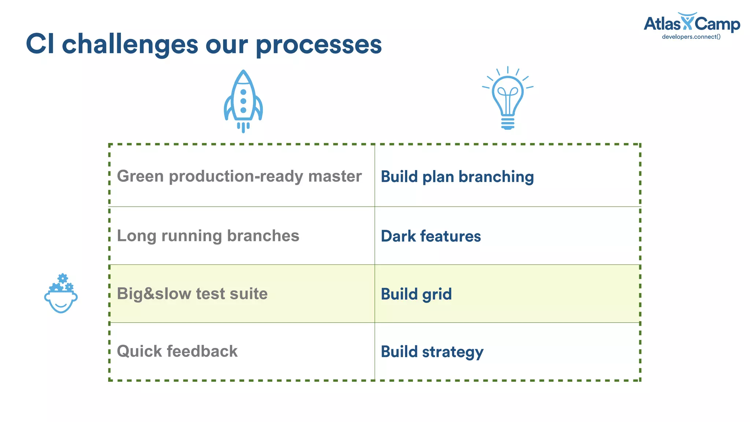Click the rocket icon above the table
click(x=243, y=101)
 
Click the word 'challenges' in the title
click(x=130, y=45)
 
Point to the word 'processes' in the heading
click(x=319, y=45)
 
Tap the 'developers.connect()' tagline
click(x=691, y=37)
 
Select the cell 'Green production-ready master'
click(x=239, y=176)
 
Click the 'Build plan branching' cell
click(x=457, y=177)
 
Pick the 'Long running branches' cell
click(x=208, y=236)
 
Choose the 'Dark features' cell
click(x=431, y=236)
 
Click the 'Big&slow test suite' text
click(x=192, y=294)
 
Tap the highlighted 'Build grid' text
click(x=416, y=294)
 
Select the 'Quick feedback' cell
click(x=177, y=351)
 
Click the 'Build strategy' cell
click(x=432, y=352)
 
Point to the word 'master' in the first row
click(x=335, y=176)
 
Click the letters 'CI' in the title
click(x=40, y=45)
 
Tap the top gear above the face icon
click(x=63, y=278)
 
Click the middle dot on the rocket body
click(x=243, y=101)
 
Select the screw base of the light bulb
click(x=508, y=123)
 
